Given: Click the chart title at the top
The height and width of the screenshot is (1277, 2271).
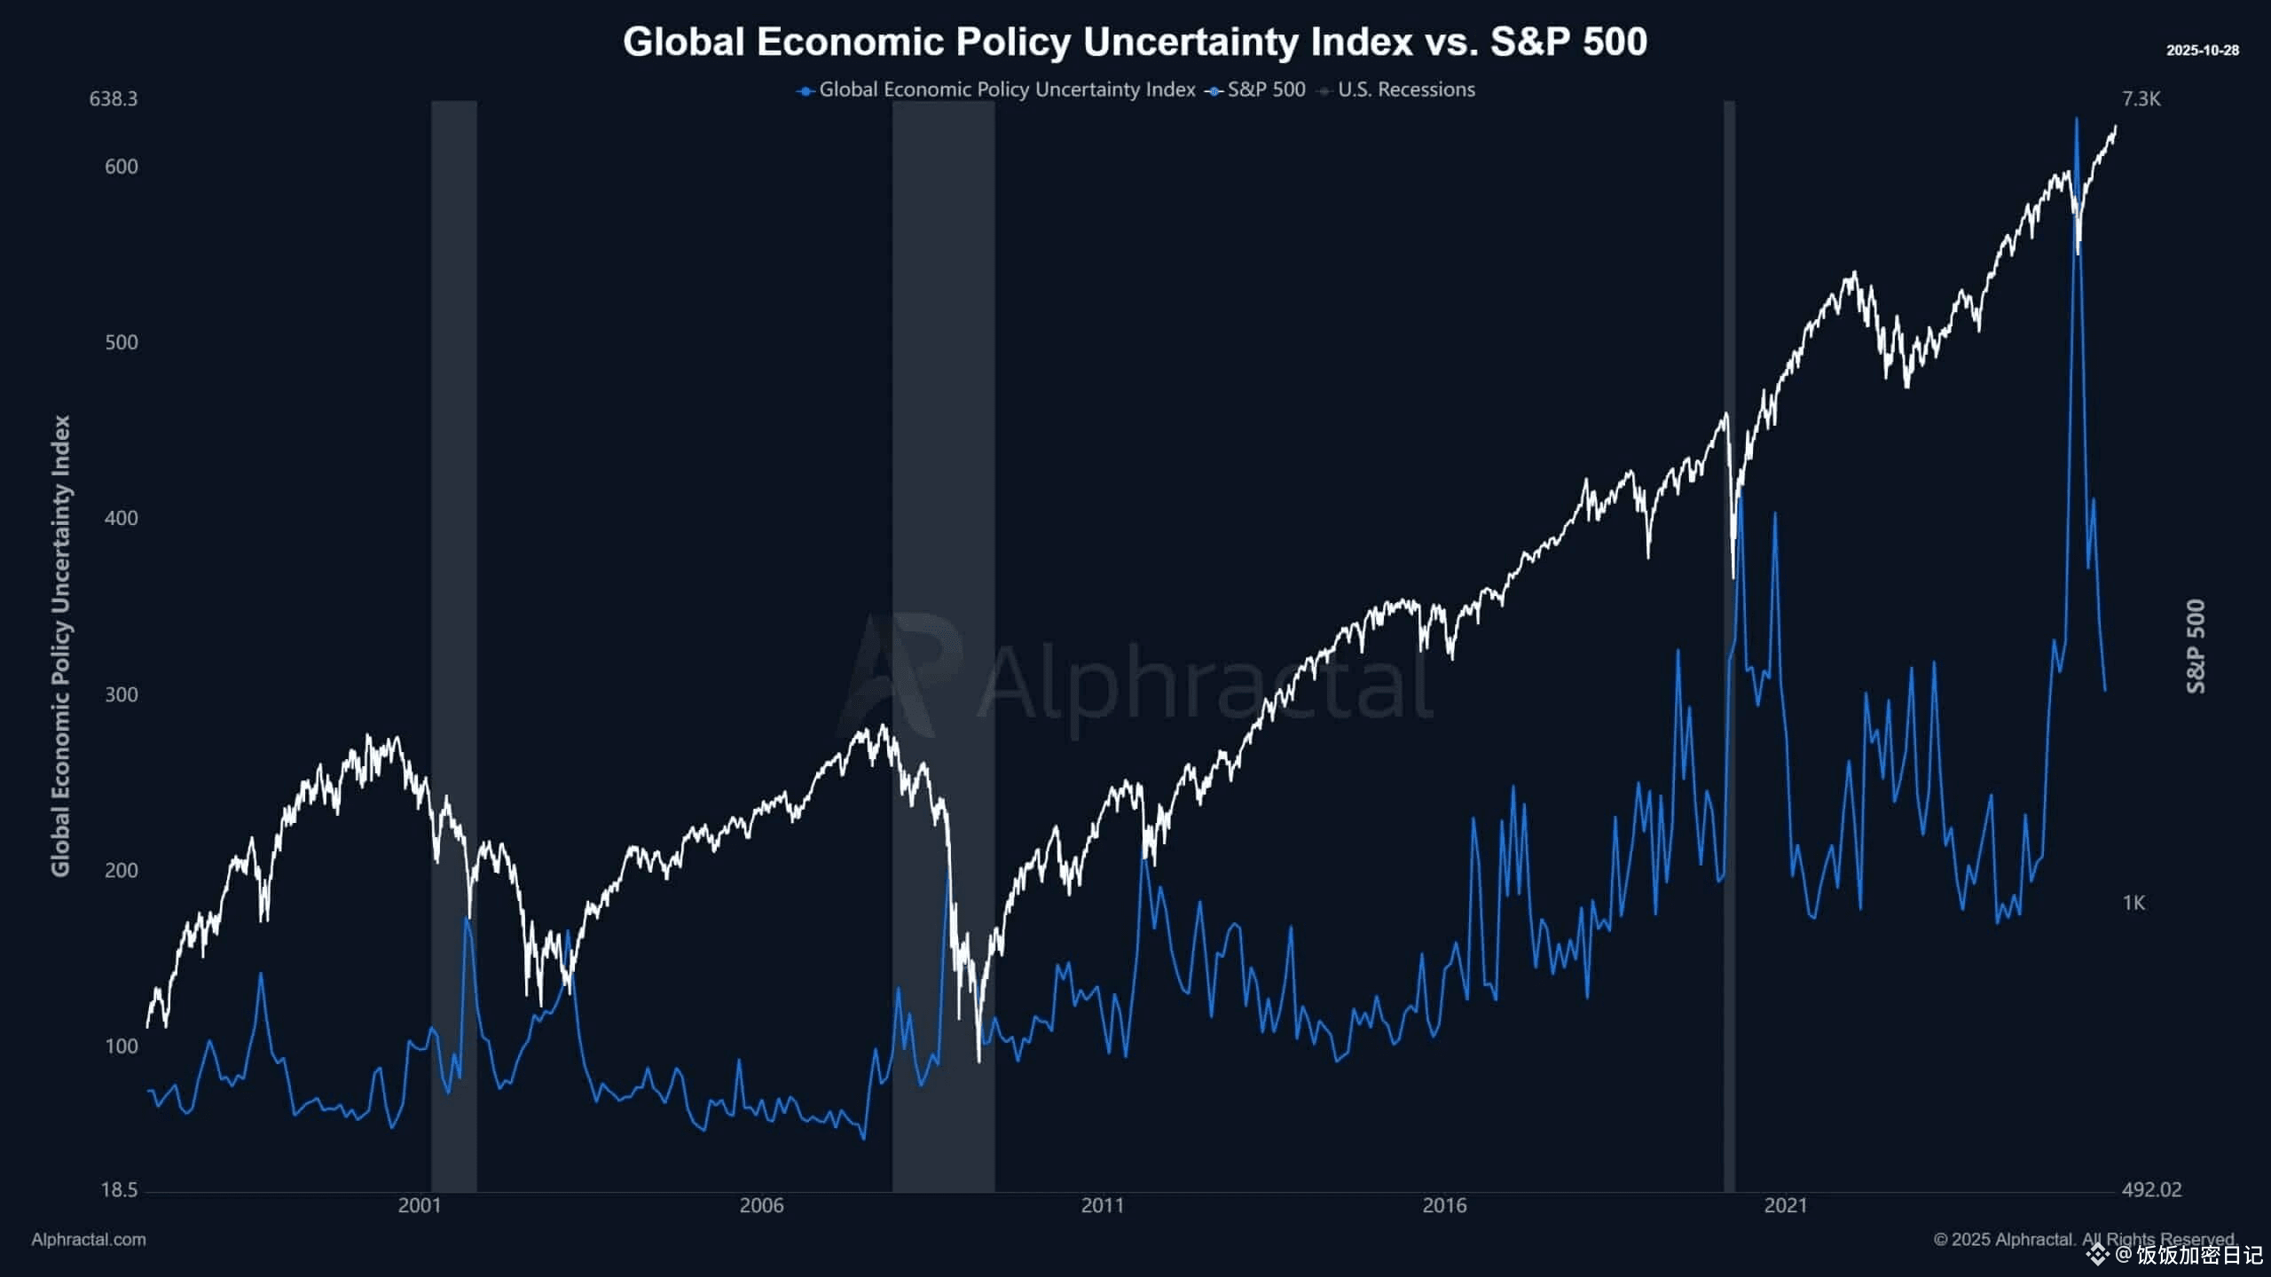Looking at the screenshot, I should coord(1135,42).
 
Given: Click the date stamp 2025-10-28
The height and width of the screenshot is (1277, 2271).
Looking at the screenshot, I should coord(2202,51).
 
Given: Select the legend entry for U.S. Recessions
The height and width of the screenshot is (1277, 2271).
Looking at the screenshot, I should coord(1405,90).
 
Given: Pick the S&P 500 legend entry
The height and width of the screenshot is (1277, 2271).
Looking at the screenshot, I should coord(1265,90).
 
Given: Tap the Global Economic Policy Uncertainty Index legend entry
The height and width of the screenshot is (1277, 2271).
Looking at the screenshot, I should coord(1006,90).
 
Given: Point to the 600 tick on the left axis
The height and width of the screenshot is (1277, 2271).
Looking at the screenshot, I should coord(122,167).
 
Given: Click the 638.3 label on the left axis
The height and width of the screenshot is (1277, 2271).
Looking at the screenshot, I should coord(114,98).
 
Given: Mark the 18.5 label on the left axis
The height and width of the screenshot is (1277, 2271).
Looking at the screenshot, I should coord(119,1190).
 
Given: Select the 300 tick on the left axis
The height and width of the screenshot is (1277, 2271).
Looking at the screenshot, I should coord(122,694).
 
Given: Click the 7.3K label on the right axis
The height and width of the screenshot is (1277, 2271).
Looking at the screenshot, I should coord(2141,98).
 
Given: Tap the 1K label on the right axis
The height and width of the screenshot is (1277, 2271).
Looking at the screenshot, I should coord(2133,903).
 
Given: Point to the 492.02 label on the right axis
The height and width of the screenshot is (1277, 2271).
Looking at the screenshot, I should coord(2151,1190).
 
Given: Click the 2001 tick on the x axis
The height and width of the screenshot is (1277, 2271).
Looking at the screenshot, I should coord(420,1206).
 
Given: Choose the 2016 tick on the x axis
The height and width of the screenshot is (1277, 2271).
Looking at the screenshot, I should coord(1444,1206).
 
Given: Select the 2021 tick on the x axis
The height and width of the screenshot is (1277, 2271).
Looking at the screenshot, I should coord(1786,1206).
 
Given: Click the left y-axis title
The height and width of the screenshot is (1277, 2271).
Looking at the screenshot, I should coord(61,646).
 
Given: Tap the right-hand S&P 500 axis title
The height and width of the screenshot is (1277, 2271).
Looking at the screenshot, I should coord(2196,646).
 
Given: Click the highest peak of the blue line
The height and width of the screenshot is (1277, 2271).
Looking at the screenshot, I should coord(2076,119).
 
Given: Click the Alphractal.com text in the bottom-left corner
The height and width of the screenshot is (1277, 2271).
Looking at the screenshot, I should coord(89,1240).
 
